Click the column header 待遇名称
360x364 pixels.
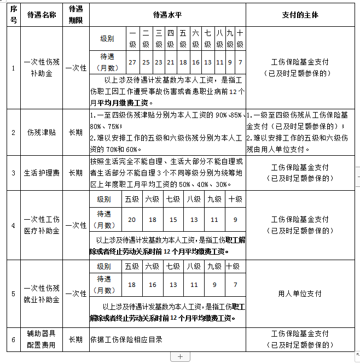pyautogui.click(x=42, y=15)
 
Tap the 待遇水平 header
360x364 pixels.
pyautogui.click(x=168, y=15)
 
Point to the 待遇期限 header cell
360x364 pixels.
pyautogui.click(x=76, y=15)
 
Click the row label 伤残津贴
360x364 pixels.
pyautogui.click(x=42, y=132)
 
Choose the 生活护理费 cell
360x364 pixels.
pyautogui.click(x=42, y=173)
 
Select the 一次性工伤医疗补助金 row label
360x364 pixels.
pyautogui.click(x=42, y=225)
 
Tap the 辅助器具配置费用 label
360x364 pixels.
pyautogui.click(x=42, y=339)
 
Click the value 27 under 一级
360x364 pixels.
pyautogui.click(x=132, y=62)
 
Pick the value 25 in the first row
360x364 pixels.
pyautogui.click(x=146, y=62)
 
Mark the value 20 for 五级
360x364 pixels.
pyautogui.click(x=132, y=220)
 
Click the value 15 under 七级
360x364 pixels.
pyautogui.click(x=173, y=220)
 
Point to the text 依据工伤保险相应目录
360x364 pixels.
pyautogui.click(x=126, y=339)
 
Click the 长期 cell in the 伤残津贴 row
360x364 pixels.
pyautogui.click(x=76, y=132)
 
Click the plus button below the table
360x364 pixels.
pyautogui.click(x=180, y=357)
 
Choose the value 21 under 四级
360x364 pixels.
pyautogui.click(x=171, y=62)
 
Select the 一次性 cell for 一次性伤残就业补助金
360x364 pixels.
pyautogui.click(x=76, y=293)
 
